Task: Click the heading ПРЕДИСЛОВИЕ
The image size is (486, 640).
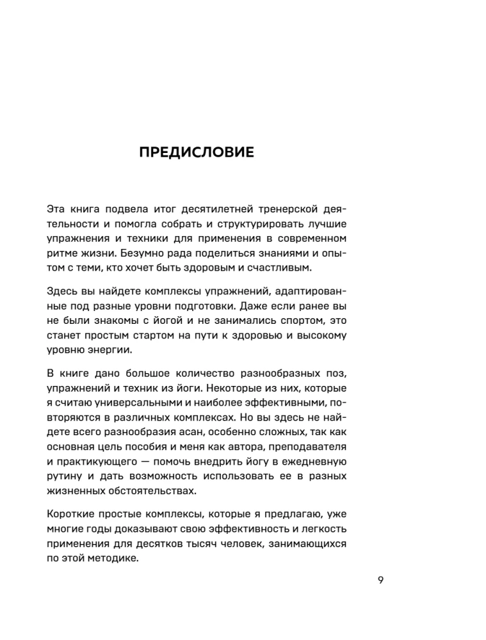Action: [197, 153]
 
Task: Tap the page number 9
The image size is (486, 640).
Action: [380, 580]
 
